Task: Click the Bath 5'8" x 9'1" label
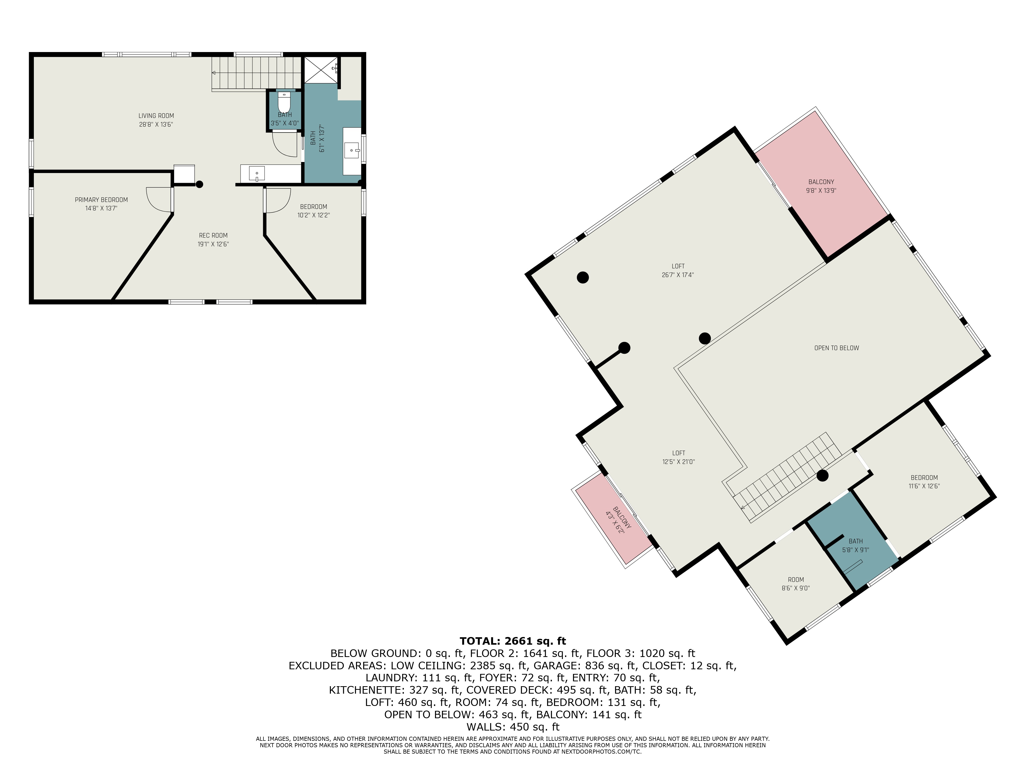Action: point(855,545)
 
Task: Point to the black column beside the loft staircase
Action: point(822,475)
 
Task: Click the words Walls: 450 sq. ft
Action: point(513,727)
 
